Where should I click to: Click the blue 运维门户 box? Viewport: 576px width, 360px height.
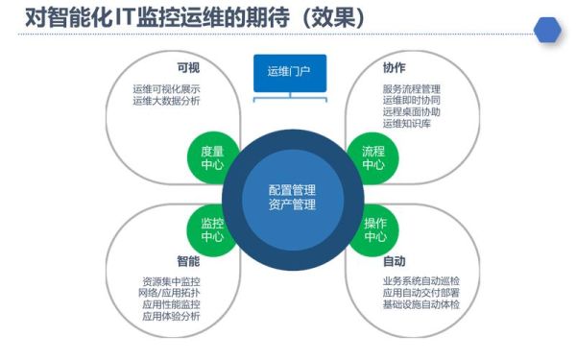[x=289, y=71]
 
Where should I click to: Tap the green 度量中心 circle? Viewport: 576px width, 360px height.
[x=213, y=157]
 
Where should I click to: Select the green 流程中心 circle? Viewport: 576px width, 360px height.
[x=373, y=157]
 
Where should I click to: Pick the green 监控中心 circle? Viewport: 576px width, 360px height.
[x=213, y=229]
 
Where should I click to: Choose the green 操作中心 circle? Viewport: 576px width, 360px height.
[x=375, y=229]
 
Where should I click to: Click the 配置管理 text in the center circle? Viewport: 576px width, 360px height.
[x=292, y=189]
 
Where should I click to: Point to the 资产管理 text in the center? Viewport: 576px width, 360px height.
[x=292, y=204]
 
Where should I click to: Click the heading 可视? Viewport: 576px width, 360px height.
[x=188, y=68]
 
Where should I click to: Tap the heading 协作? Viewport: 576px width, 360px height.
[x=394, y=68]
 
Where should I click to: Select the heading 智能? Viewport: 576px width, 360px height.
[x=188, y=261]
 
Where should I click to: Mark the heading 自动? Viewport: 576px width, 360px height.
[x=394, y=261]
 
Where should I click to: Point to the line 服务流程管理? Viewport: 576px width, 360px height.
[x=412, y=89]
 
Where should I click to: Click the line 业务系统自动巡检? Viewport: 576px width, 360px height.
[x=420, y=281]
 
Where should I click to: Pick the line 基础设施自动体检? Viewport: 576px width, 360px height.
[x=420, y=304]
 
